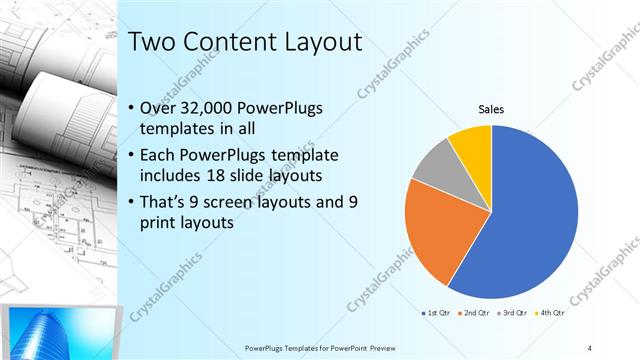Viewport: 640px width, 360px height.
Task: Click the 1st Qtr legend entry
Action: pos(438,313)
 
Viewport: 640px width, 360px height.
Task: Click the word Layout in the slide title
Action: pos(313,43)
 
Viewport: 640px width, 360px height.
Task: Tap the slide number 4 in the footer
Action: pos(590,347)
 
